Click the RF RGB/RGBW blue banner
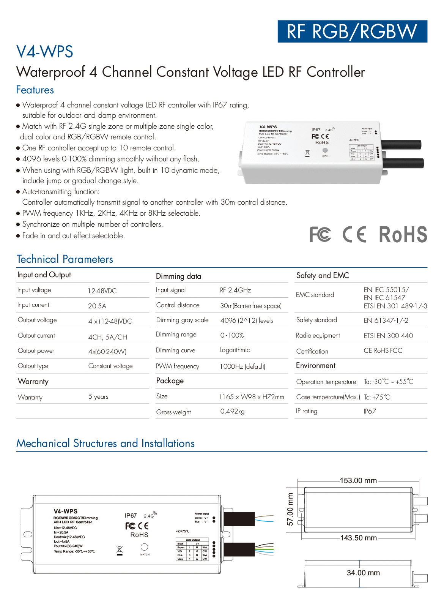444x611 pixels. click(352, 32)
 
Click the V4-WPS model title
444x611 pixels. click(45, 52)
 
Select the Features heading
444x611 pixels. click(35, 90)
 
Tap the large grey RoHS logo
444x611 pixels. click(403, 234)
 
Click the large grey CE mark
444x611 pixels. click(354, 234)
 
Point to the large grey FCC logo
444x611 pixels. click(320, 234)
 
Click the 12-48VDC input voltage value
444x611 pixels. click(102, 291)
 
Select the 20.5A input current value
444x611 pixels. click(97, 306)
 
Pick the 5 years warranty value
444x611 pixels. click(98, 396)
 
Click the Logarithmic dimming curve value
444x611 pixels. click(235, 350)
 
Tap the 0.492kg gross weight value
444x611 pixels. click(232, 411)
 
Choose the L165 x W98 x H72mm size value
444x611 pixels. click(252, 397)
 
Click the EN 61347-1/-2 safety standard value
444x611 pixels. click(386, 320)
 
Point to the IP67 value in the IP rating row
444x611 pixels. click(370, 411)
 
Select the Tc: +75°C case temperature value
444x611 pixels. click(377, 397)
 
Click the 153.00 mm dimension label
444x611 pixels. click(358, 481)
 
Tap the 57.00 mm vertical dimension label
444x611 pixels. click(290, 509)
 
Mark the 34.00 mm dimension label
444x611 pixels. click(363, 573)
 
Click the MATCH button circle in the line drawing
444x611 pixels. click(145, 547)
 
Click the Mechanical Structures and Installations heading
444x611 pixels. click(105, 444)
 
